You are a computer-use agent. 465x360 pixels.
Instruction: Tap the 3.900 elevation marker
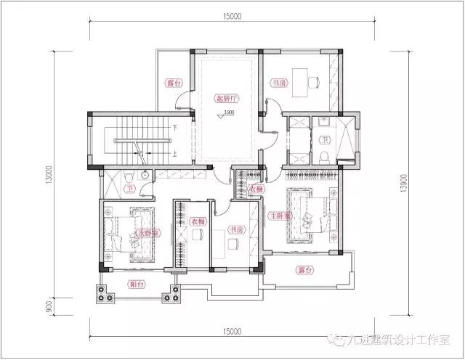(x=227, y=113)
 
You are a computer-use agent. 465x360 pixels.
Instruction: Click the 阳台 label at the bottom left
(x=135, y=285)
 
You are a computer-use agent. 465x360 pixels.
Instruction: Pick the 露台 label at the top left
(x=172, y=82)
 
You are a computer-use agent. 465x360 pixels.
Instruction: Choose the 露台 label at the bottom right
(x=305, y=269)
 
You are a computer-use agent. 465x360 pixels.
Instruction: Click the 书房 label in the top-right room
(x=278, y=83)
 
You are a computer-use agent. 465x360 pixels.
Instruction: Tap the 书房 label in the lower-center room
(x=235, y=229)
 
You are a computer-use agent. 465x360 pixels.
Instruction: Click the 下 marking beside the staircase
(x=174, y=128)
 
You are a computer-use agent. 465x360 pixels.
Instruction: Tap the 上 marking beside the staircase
(x=174, y=153)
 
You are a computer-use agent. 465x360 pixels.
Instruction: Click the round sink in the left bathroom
(x=146, y=174)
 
